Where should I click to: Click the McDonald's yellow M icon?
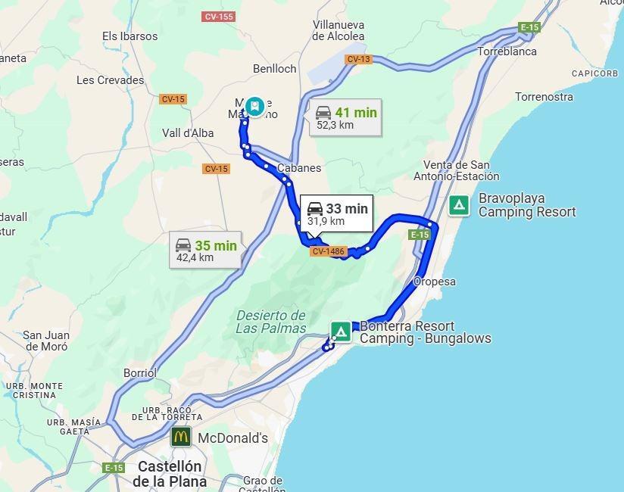point(180,437)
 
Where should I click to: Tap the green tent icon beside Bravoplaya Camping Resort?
point(458,205)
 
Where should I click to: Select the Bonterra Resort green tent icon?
point(341,332)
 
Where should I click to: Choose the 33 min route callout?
point(337,214)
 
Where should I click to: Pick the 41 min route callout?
point(345,118)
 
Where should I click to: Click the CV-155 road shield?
point(218,17)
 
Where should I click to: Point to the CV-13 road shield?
point(358,59)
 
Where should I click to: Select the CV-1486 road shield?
point(328,251)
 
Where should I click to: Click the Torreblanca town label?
point(507,51)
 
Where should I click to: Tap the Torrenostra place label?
point(544,97)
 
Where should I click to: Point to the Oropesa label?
point(435,282)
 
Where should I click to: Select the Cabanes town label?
point(299,168)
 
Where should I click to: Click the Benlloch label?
point(275,68)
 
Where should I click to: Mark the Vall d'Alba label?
point(188,132)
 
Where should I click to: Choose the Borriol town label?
point(140,372)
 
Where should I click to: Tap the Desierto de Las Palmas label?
point(270,322)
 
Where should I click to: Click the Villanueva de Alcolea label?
point(339,30)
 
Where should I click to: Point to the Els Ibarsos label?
point(129,36)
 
